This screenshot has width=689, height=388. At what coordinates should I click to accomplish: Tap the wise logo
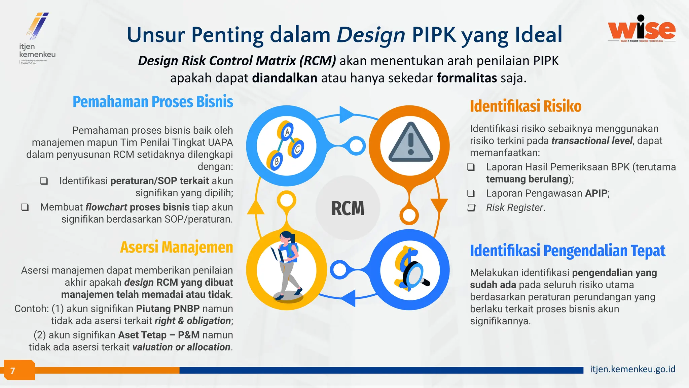coord(642,29)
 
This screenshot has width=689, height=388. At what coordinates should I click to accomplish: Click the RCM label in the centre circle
coord(348,208)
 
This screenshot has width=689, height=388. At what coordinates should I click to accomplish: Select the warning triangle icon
coord(410,143)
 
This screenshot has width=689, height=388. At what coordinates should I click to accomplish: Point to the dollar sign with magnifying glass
coord(410,270)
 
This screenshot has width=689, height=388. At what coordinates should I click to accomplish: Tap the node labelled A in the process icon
coord(287,132)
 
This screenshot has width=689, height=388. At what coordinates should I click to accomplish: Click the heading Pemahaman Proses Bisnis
coord(153,102)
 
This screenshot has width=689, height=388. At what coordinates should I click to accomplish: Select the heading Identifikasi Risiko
coord(525,106)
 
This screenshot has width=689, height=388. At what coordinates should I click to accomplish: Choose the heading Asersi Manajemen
coord(176,247)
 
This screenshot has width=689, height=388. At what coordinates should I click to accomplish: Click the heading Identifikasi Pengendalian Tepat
coord(568,251)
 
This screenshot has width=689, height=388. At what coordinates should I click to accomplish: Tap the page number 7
coord(13,371)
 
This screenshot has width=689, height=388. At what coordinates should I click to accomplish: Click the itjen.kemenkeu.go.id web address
coord(632,369)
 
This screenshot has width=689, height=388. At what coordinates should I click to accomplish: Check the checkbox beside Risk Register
coord(471,207)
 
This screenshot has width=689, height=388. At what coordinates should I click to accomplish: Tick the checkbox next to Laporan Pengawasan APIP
coord(471,193)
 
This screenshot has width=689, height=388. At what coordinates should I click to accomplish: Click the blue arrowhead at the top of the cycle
coord(346,115)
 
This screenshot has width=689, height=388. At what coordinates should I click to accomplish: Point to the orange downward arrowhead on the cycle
coord(439,205)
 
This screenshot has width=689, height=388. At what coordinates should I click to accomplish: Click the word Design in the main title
coord(371,35)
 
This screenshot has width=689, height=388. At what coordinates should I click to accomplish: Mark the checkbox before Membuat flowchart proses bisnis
coord(25,207)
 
